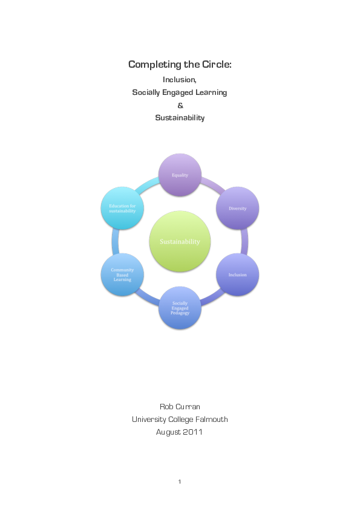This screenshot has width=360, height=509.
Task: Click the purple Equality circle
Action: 180,175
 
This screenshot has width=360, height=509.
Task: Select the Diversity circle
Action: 237,209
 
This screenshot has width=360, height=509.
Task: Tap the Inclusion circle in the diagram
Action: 237,274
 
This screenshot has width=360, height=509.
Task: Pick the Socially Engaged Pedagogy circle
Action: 180,308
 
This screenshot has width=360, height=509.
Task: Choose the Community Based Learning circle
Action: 122,274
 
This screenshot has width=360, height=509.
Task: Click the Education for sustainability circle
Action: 122,209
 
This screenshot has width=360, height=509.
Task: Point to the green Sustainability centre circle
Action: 180,242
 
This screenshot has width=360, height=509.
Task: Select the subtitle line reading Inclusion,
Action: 180,79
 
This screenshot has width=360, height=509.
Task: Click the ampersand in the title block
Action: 180,105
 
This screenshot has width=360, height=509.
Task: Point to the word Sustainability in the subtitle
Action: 180,118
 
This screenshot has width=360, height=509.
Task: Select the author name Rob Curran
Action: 180,406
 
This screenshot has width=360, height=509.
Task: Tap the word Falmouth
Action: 211,419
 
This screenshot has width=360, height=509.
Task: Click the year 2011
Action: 194,432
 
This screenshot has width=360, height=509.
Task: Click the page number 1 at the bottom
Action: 180,481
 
